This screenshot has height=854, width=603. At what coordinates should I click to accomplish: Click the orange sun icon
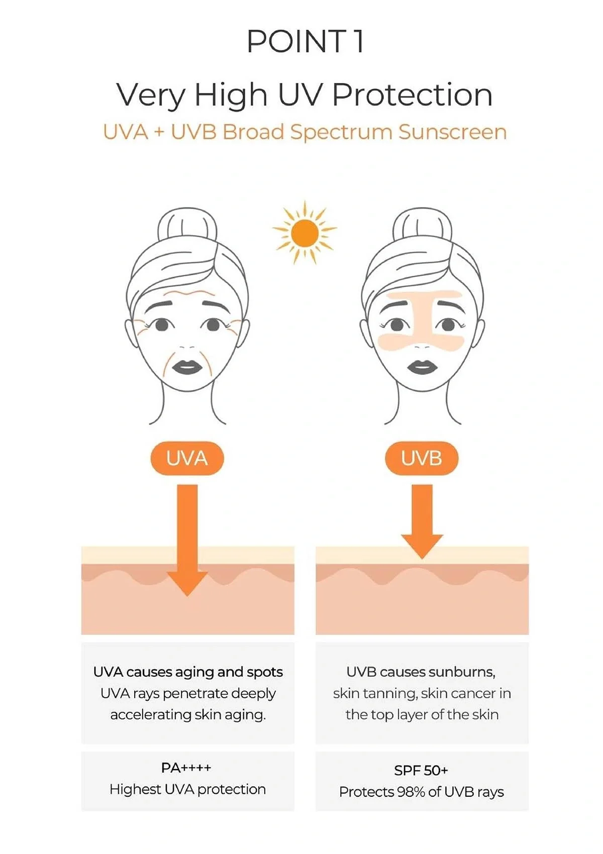(x=305, y=233)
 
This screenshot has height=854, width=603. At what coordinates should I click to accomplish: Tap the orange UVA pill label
(x=187, y=458)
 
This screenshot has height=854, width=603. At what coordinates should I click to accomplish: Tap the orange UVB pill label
(x=422, y=458)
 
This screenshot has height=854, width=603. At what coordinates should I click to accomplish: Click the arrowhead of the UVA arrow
(x=187, y=583)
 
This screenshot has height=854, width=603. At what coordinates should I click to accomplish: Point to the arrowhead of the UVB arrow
(x=422, y=545)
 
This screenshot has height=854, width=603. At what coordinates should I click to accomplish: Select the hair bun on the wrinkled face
(x=187, y=226)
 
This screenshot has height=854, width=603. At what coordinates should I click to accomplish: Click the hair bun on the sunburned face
(x=422, y=226)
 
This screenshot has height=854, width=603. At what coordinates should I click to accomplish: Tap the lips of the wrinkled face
(x=187, y=367)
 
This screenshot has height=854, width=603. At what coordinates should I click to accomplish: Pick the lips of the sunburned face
(x=422, y=367)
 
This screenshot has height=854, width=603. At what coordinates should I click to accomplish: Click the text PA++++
(x=186, y=768)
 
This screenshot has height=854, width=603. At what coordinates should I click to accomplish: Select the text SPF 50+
(x=421, y=770)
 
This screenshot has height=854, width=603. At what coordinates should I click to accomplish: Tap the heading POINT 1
(x=305, y=41)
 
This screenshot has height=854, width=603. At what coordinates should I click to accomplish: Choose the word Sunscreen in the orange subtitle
(x=452, y=132)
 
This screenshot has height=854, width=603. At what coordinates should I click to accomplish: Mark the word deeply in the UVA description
(x=254, y=693)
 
